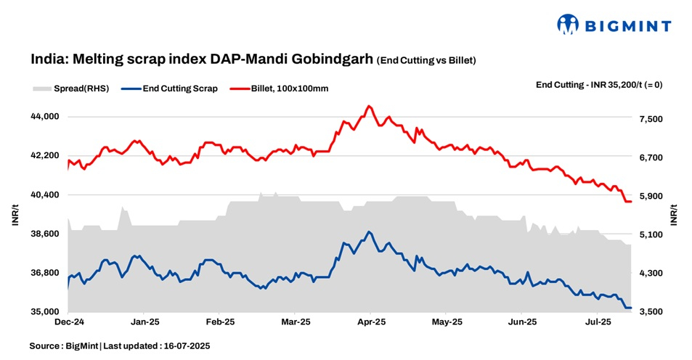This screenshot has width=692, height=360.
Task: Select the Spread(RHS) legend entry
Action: pyautogui.click(x=71, y=89)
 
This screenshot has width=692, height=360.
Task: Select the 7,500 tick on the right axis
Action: pyautogui.click(x=648, y=119)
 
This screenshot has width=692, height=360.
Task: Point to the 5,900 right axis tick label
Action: pyautogui.click(x=648, y=196)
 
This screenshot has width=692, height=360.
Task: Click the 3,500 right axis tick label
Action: pyautogui.click(x=648, y=312)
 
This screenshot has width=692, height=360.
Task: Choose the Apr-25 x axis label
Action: pyautogui.click(x=370, y=321)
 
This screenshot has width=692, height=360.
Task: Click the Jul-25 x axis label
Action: pyautogui.click(x=598, y=321)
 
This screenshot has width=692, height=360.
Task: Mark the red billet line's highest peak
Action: pyautogui.click(x=369, y=106)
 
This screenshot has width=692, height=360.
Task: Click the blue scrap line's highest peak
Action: pyautogui.click(x=369, y=232)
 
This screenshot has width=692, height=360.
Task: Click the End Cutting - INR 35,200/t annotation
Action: pyautogui.click(x=598, y=84)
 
